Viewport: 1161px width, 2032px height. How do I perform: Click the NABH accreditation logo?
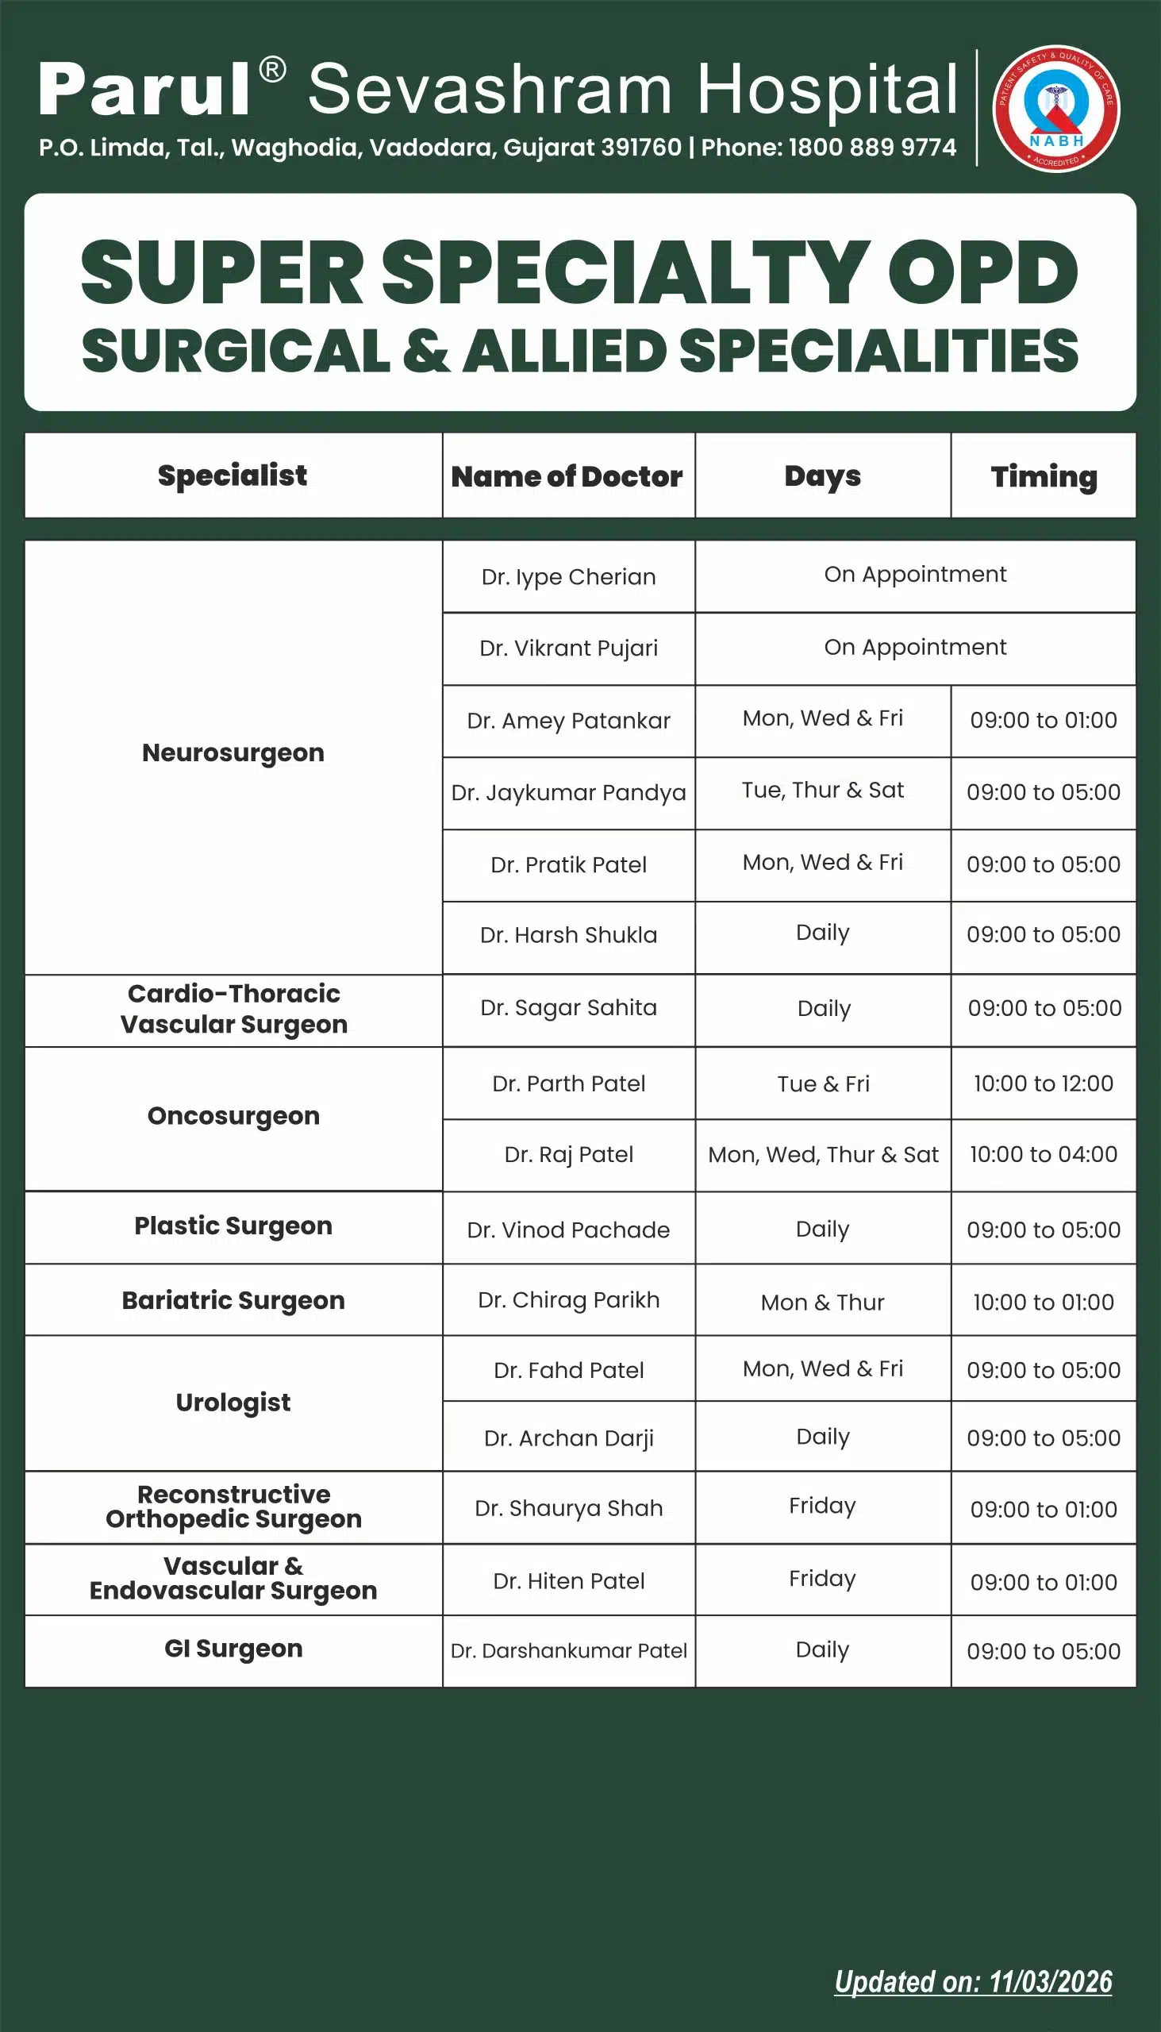point(1055,109)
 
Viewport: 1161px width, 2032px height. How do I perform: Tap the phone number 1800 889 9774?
point(871,148)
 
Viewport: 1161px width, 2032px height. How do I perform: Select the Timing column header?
point(1043,476)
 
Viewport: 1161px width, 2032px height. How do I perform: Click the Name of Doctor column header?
point(567,476)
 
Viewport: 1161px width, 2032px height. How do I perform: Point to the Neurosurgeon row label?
point(233,752)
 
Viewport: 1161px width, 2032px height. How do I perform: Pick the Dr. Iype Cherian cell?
point(568,576)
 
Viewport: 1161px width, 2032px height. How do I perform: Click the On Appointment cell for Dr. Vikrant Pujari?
point(915,647)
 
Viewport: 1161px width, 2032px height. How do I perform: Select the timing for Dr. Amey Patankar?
point(1043,720)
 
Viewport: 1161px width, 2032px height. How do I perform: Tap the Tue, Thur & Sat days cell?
point(822,791)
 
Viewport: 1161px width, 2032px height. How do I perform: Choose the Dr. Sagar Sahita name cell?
point(568,1008)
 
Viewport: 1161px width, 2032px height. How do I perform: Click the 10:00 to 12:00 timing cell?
point(1043,1083)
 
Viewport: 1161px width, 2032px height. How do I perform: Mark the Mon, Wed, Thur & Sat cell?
point(823,1155)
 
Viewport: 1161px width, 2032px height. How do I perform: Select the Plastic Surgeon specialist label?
point(233,1226)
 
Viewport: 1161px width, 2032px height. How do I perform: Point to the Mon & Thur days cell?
point(822,1303)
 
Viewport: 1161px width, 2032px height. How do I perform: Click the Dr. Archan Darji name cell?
point(568,1437)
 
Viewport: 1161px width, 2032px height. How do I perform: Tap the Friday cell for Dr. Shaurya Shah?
point(822,1506)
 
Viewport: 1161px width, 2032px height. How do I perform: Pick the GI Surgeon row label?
point(233,1649)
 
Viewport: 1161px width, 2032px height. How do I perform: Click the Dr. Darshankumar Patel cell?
point(568,1651)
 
